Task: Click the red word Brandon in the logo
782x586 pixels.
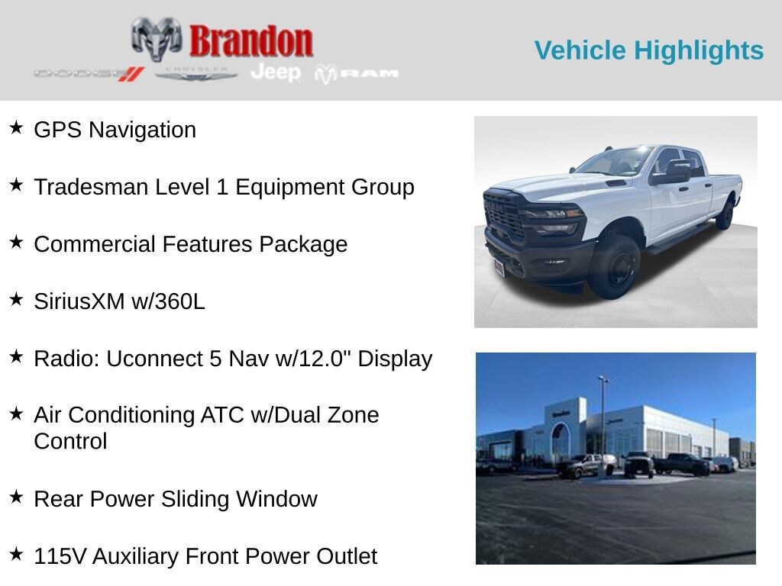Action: (251, 41)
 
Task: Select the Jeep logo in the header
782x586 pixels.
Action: (276, 72)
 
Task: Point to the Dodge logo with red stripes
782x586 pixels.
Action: (89, 74)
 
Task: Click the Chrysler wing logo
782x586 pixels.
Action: (196, 73)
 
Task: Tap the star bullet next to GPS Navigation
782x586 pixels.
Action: (16, 127)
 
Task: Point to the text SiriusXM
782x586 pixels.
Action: (79, 301)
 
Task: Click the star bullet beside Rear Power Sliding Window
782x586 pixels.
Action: (16, 497)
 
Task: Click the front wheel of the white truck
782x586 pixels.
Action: (616, 268)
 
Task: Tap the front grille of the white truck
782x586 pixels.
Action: (503, 217)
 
